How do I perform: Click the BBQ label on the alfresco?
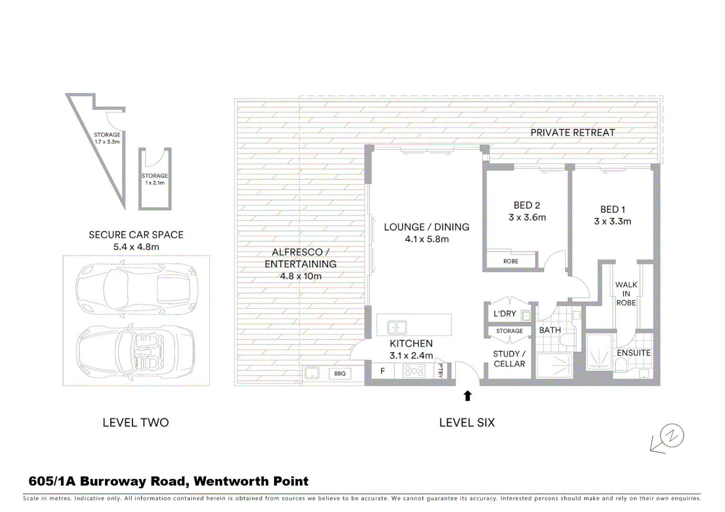coord(340,374)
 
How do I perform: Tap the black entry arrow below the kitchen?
coord(467,396)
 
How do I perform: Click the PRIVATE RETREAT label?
coord(572,133)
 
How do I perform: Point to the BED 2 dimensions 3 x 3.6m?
coord(527,218)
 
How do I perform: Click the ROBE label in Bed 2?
coord(511,261)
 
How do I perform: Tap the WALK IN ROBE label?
coord(626,293)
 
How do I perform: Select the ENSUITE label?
coord(633,353)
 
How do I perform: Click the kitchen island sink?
coord(397,327)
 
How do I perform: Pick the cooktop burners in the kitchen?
coord(414,371)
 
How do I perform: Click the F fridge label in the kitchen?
coord(382,371)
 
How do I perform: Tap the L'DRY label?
coord(504,314)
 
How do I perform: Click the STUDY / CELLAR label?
coord(509,359)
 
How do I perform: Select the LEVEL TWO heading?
coord(136,422)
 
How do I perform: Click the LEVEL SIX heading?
coord(467,422)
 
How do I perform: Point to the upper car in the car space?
coord(136,288)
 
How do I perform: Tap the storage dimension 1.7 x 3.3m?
coord(107,142)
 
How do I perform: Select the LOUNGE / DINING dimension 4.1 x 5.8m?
coord(427,239)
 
